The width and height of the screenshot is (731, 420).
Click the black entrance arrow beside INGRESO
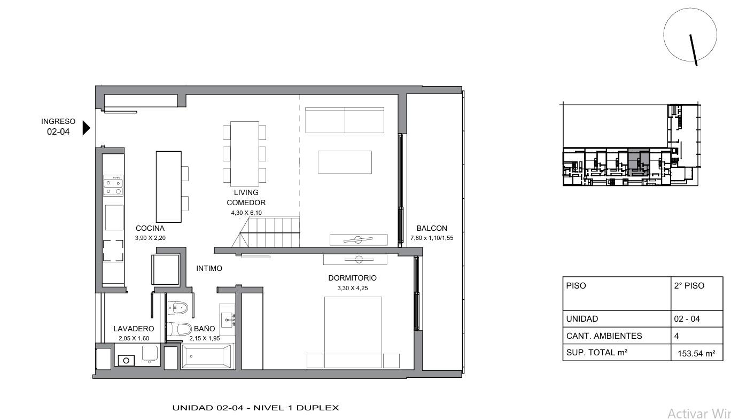point(86,128)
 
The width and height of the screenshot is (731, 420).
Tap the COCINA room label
point(150,229)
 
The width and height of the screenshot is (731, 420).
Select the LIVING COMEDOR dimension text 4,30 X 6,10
point(246,213)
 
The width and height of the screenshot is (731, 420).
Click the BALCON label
point(432,229)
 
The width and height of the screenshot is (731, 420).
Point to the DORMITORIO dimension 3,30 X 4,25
point(353,288)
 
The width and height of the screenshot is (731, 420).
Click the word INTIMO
point(209,268)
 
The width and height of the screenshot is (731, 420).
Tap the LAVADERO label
point(134,329)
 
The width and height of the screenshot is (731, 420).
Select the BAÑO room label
point(205,329)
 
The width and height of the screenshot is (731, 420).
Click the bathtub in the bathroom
point(207,356)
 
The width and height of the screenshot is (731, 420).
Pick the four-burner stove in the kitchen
point(113,185)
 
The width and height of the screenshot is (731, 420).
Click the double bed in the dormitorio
point(353,332)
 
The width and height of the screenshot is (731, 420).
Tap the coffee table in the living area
point(345,162)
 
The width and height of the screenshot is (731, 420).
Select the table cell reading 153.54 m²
point(696,353)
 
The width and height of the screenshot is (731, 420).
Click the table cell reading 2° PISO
point(697,293)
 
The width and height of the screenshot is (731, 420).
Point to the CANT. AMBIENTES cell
point(617,336)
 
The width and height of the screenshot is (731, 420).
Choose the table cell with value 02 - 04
point(697,319)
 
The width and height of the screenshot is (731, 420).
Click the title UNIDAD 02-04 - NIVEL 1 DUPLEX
point(255,408)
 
